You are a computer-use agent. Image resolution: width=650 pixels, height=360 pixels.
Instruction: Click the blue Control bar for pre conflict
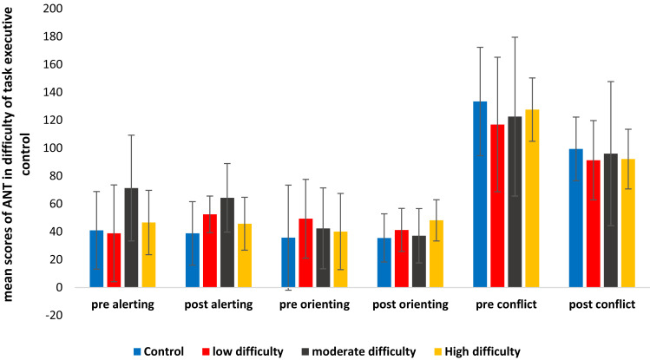click(480, 194)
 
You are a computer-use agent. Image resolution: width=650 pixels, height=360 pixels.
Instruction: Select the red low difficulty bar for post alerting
click(210, 251)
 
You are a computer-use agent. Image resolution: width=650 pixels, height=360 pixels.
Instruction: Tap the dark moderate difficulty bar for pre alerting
click(131, 238)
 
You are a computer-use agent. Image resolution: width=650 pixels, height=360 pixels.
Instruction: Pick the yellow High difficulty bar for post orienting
click(437, 254)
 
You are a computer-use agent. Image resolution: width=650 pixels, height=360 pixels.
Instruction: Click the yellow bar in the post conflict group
click(628, 223)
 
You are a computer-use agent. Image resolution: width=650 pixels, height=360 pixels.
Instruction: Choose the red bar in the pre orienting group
click(306, 253)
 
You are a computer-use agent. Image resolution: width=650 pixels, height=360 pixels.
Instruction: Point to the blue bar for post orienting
click(384, 263)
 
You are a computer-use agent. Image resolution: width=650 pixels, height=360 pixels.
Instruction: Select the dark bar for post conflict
click(611, 220)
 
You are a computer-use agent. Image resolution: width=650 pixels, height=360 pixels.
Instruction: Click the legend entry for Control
click(159, 351)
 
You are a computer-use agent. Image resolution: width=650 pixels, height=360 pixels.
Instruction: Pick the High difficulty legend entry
click(477, 351)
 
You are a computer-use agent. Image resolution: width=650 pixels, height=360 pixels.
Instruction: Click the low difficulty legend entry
click(243, 351)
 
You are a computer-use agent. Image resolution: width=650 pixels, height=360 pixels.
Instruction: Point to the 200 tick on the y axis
click(53, 9)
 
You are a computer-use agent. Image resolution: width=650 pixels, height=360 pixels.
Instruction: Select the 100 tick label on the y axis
click(53, 147)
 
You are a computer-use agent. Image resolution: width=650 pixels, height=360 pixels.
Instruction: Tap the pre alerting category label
click(122, 304)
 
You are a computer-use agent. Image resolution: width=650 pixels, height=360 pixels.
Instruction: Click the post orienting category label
click(410, 304)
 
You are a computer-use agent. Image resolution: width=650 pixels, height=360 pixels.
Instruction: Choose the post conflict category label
click(602, 304)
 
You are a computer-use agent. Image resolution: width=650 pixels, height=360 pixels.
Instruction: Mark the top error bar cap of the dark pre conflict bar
click(515, 37)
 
